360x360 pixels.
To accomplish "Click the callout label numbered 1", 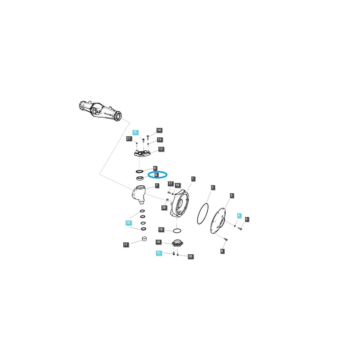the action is (193, 179).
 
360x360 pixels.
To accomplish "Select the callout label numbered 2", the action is (212, 187).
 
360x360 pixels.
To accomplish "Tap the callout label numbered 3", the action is (232, 195).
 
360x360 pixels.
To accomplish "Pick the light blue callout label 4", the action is (238, 215).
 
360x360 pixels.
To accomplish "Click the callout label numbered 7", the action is (157, 185).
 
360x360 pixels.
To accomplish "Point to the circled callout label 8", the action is (156, 175).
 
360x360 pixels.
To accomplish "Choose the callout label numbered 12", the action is (161, 149).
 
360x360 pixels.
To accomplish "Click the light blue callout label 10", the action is (128, 223).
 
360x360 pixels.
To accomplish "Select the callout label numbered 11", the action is (125, 244).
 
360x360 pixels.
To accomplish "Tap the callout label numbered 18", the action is (161, 229).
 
